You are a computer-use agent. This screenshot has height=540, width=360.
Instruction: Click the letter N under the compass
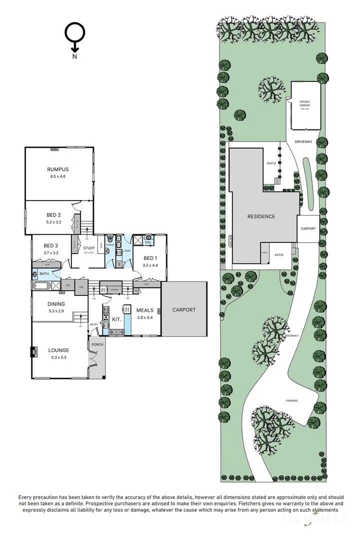(74, 56)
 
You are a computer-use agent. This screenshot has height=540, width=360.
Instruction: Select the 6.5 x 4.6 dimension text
(58, 176)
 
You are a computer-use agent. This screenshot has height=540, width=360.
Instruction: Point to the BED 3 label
(51, 245)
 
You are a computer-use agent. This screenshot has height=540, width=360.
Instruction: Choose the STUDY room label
(89, 248)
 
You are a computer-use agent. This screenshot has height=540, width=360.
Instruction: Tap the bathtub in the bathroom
(41, 286)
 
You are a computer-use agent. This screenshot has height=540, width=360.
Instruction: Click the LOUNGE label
(58, 350)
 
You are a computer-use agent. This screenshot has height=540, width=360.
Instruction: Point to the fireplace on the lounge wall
(33, 352)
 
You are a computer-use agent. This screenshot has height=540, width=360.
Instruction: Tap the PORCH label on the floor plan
(97, 344)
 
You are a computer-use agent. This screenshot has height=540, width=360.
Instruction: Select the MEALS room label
(145, 310)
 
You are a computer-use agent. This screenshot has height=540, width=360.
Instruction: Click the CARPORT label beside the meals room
(184, 310)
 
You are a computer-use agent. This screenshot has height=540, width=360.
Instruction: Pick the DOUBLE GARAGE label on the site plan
(305, 103)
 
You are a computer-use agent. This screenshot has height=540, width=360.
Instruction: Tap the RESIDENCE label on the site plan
(261, 216)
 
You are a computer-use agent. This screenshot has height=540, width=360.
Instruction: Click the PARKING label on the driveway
(292, 401)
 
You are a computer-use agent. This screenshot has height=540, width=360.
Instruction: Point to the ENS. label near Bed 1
(148, 242)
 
